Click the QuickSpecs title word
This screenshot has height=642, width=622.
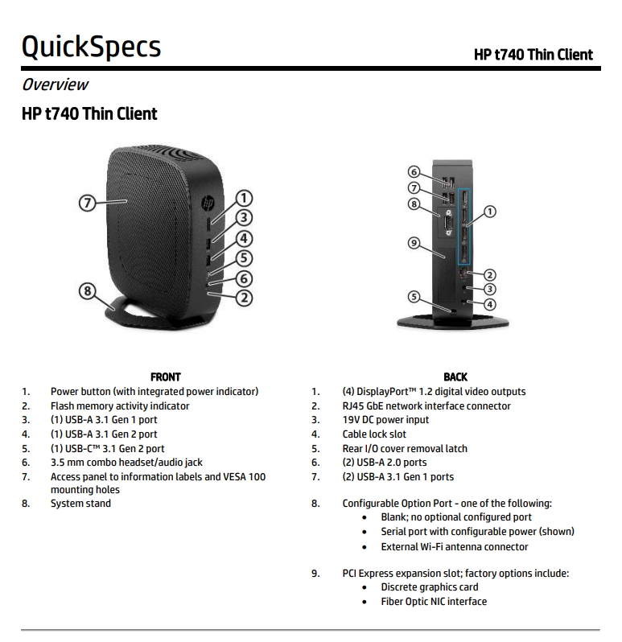coord(91,47)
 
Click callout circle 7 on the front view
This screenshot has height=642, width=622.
coord(87,202)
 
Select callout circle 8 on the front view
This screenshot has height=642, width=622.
coord(87,291)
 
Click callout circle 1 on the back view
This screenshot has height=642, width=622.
coord(489,212)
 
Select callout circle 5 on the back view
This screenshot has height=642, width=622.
coord(414,297)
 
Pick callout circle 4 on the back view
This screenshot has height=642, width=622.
coord(489,304)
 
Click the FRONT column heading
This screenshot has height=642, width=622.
coord(166,377)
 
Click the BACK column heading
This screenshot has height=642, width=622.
coord(455,377)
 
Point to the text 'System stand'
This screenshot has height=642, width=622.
coord(80,504)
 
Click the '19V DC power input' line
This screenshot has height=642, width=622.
coord(385,420)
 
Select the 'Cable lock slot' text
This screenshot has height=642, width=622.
coord(374,434)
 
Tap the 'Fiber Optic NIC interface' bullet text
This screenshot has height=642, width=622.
coord(434,602)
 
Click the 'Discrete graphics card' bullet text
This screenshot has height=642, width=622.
coord(430,587)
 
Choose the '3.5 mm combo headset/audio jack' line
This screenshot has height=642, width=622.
coord(126,463)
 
